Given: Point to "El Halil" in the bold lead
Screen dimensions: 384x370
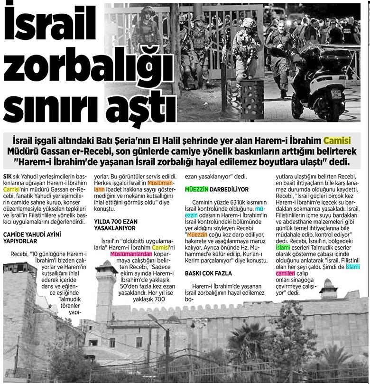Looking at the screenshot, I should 201,141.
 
